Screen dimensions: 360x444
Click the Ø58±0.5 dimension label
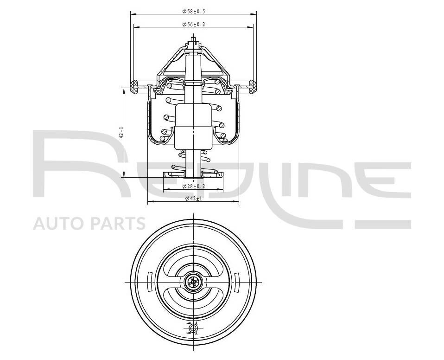(194, 11)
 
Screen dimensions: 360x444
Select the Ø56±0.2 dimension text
(194, 24)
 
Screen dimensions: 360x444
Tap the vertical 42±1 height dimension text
(121, 133)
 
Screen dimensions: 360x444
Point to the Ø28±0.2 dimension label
(194, 186)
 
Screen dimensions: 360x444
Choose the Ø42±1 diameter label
(194, 199)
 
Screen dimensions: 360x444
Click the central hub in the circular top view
(193, 282)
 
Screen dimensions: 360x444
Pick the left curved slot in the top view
(149, 282)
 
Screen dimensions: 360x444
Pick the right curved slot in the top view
(236, 282)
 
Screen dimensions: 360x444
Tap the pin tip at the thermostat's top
(193, 41)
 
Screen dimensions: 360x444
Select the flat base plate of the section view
(193, 175)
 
